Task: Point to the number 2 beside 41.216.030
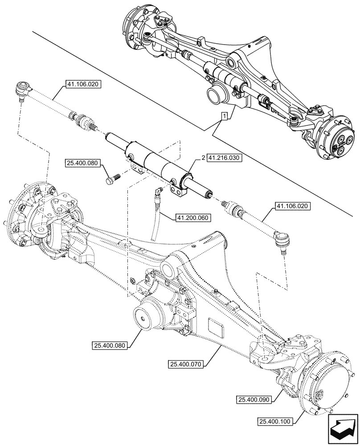(x=203, y=158)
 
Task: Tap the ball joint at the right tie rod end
(x=281, y=240)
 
